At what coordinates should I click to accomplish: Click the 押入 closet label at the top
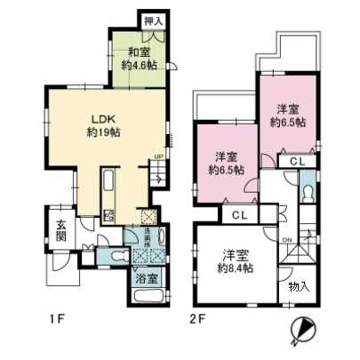point(153,19)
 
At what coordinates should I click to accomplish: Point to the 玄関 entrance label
point(57,228)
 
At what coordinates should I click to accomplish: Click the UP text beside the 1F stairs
point(159,157)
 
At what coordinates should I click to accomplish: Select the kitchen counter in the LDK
point(109,191)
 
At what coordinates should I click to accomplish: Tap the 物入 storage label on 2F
point(299,286)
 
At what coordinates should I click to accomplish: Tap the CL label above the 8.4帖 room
point(237,216)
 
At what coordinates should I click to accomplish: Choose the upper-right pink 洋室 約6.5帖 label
point(289,116)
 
